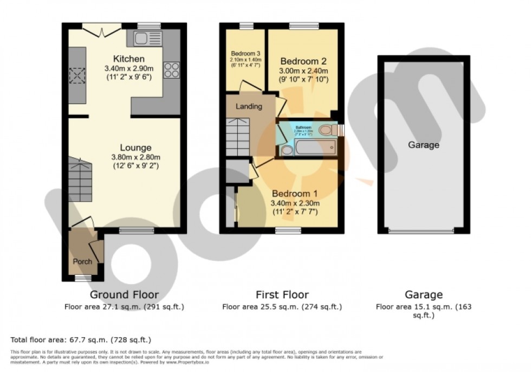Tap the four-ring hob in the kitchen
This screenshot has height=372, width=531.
172,70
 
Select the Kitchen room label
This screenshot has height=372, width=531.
128,59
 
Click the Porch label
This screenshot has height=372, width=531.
82,261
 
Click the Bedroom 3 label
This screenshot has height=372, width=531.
246,54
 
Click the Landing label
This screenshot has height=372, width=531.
249,106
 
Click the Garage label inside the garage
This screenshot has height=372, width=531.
423,145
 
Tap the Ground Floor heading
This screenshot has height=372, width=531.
124,295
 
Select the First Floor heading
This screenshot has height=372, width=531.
282,295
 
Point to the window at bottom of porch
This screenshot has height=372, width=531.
83,278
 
